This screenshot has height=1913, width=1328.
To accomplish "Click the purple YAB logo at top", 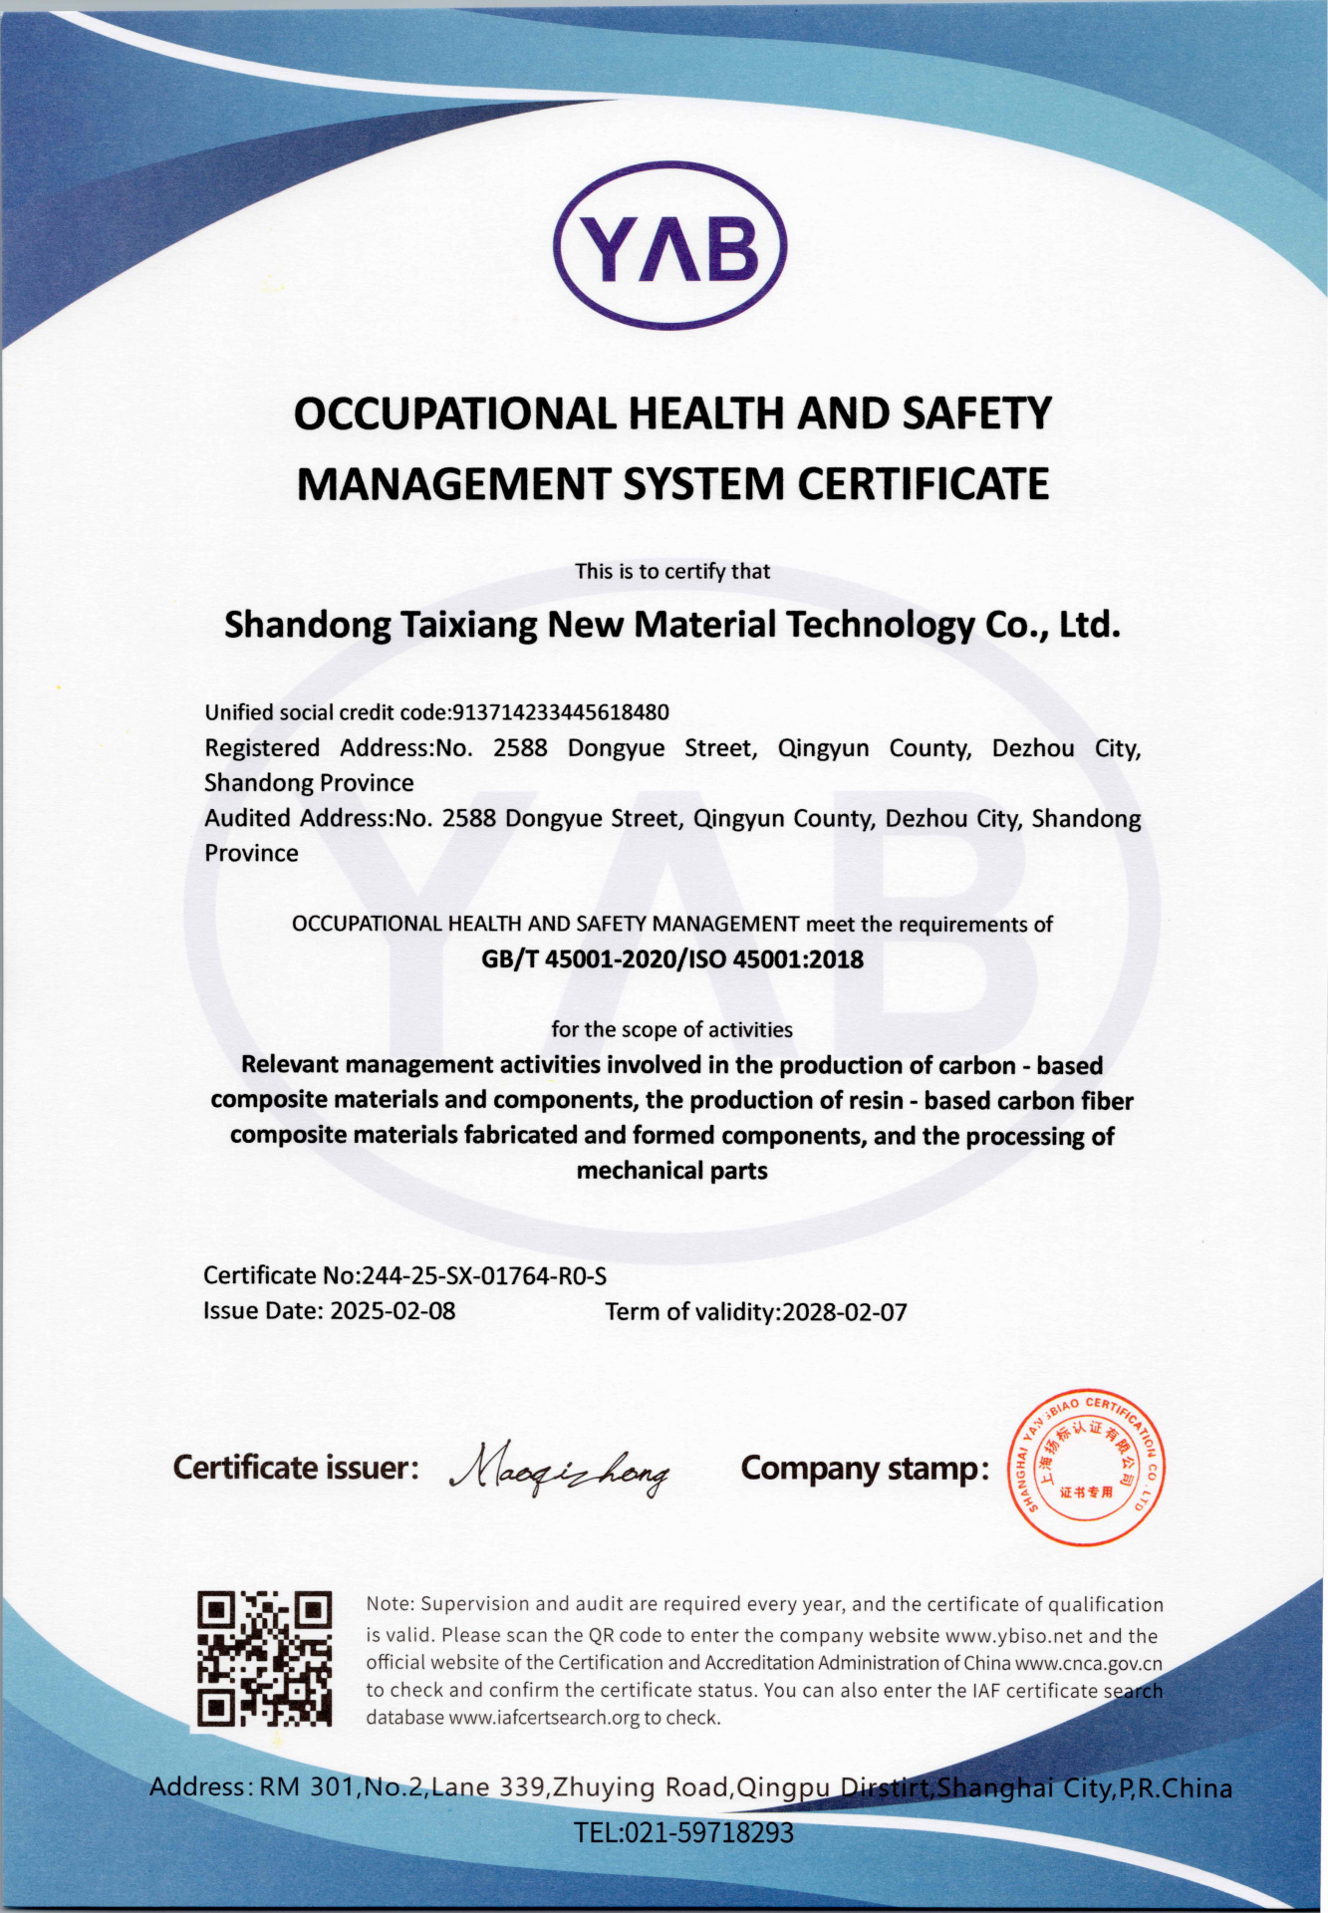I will click(669, 246).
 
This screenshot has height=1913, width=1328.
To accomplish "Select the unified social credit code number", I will click(561, 712).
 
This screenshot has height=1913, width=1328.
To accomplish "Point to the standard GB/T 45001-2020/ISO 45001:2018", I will click(672, 959).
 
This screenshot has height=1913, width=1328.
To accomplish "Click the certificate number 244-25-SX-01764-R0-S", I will click(484, 1276).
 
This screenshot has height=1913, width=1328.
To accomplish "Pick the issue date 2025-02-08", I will click(393, 1311).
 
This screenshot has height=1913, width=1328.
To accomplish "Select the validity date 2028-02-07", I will click(845, 1312).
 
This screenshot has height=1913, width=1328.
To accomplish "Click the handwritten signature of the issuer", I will click(560, 1469).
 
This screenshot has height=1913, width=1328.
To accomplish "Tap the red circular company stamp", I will click(1088, 1467).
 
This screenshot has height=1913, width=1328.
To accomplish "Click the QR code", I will click(264, 1659).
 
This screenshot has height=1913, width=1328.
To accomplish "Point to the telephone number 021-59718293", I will click(708, 1832).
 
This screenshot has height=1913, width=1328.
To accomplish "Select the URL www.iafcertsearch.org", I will click(544, 1718).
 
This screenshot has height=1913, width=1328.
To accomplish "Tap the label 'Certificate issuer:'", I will click(296, 1468).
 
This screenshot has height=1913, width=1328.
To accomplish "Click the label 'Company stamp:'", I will click(865, 1469).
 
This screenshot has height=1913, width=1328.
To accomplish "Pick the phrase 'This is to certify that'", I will click(672, 571).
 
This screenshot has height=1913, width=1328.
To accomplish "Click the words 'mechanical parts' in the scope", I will click(672, 1171).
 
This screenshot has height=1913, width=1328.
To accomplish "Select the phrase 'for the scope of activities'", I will click(672, 1029).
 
